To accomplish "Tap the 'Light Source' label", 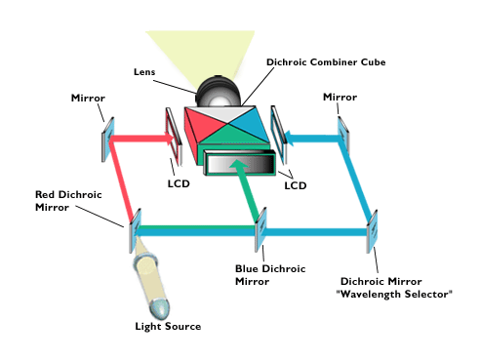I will [x=168, y=326].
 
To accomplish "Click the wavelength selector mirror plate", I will [x=372, y=232].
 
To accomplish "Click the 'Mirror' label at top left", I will [x=88, y=99].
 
